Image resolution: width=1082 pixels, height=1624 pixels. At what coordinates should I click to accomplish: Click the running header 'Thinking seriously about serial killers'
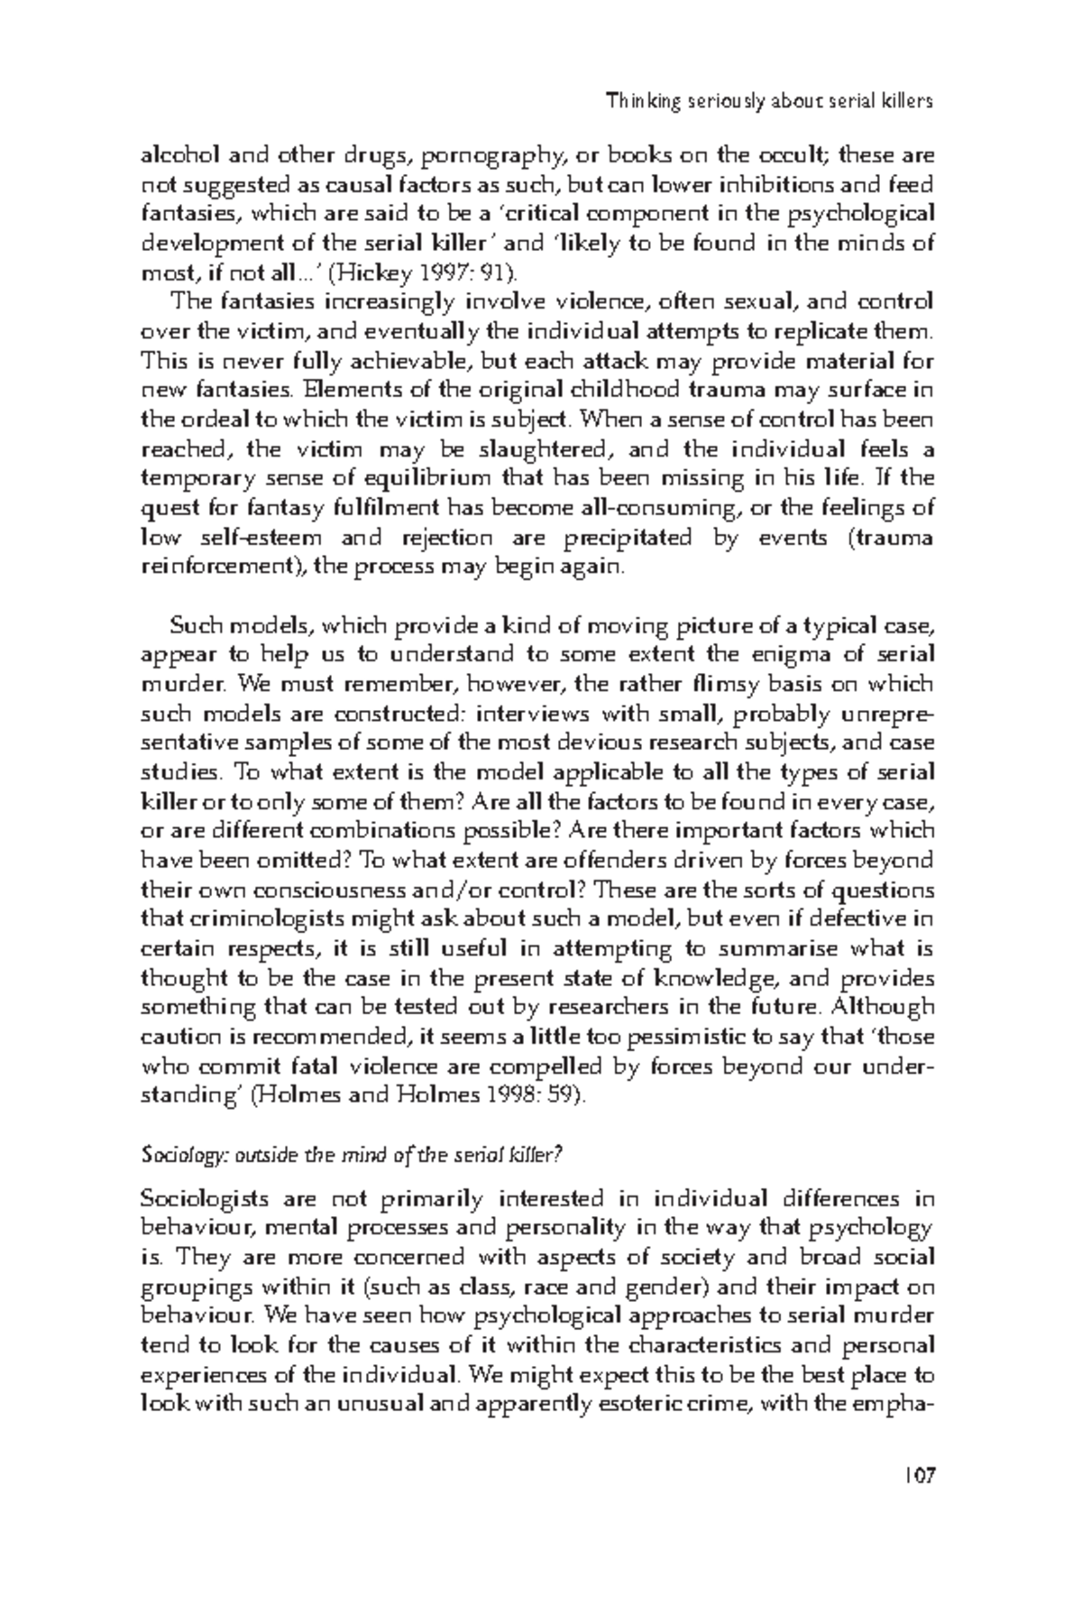point(770,101)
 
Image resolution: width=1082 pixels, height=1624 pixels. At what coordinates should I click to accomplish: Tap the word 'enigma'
point(799,655)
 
